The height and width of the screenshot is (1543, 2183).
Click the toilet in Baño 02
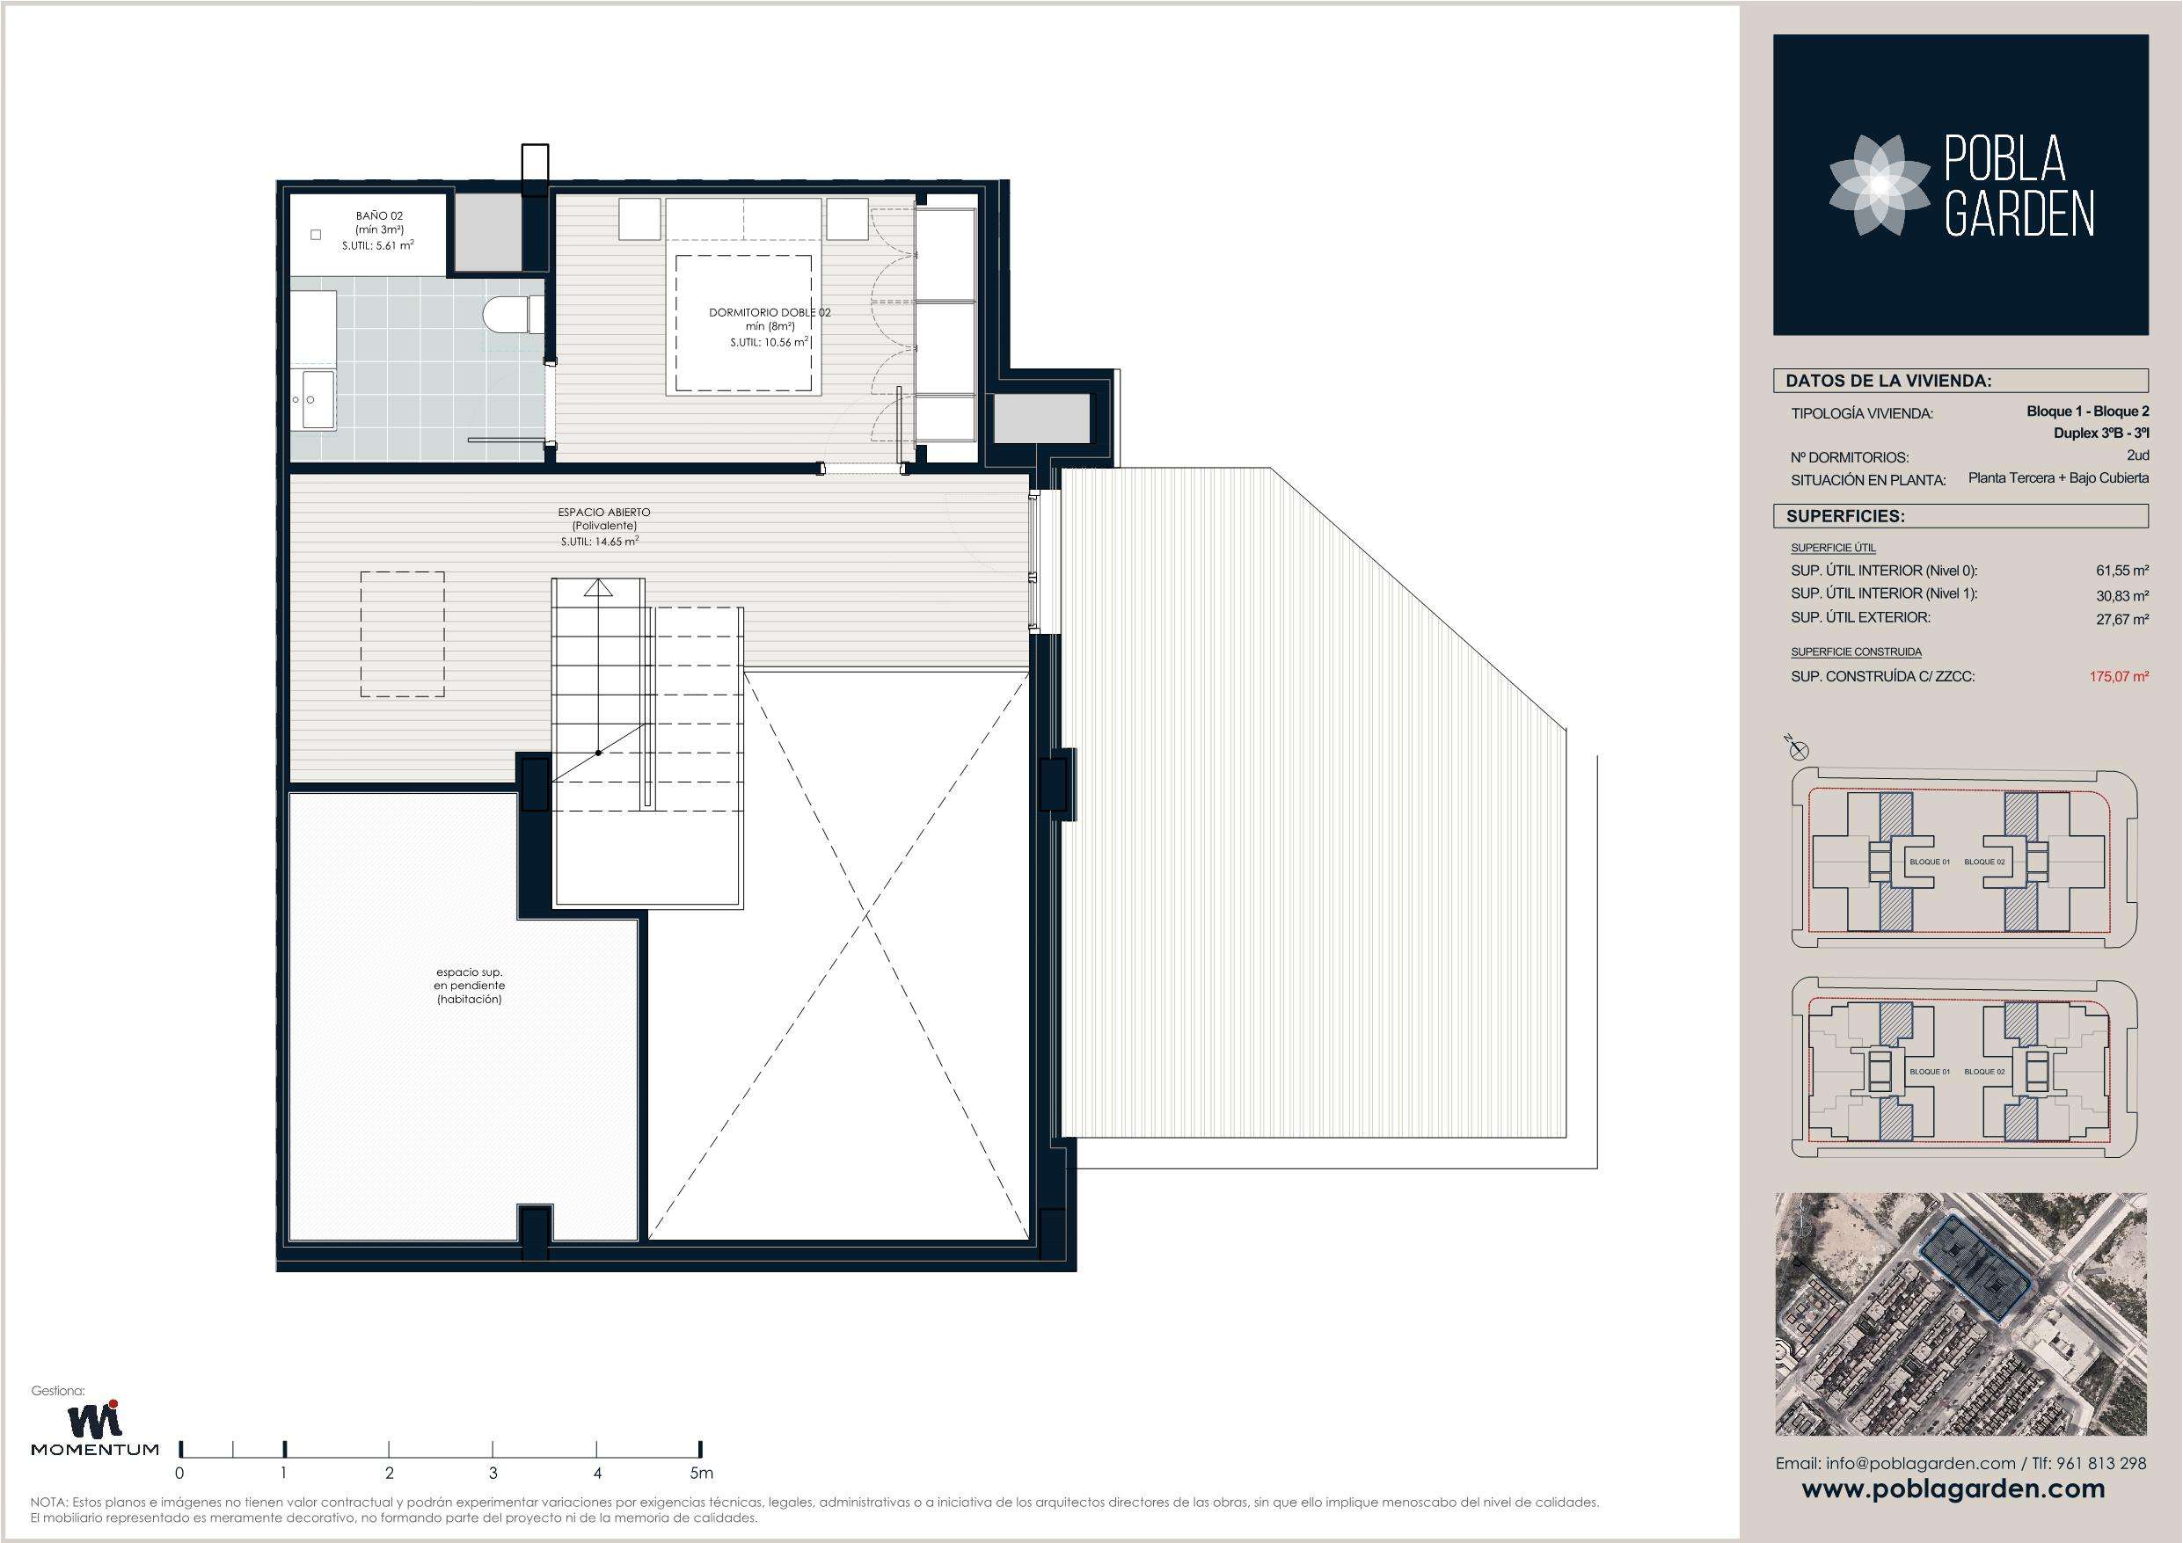(x=514, y=315)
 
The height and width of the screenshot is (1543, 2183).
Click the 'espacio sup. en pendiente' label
(x=469, y=986)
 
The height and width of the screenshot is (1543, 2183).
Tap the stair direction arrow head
(x=598, y=586)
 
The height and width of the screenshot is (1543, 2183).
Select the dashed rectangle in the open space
(x=402, y=634)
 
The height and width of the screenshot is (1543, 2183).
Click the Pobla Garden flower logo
(x=1867, y=184)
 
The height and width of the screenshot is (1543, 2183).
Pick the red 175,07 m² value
(x=2118, y=677)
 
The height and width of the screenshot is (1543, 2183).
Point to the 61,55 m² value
(x=2121, y=571)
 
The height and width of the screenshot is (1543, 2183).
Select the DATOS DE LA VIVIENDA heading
(x=1888, y=382)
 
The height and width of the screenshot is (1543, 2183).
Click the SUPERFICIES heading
(x=1844, y=517)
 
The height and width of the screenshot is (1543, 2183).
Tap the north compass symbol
(x=1796, y=749)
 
